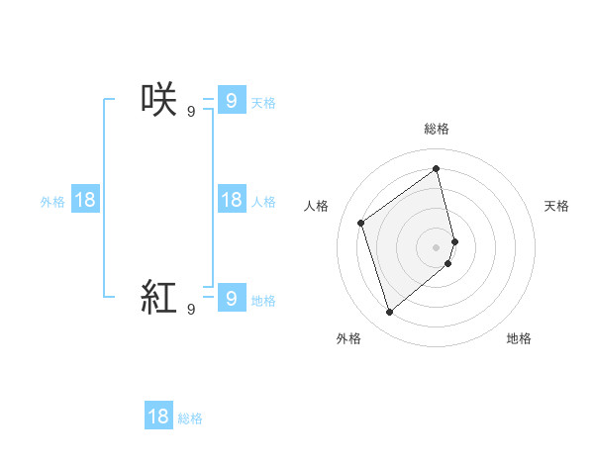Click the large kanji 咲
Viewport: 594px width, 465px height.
[159, 100]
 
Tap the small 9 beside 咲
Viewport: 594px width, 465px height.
[191, 111]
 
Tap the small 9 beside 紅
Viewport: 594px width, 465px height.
[191, 309]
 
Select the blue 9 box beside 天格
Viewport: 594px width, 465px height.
[231, 100]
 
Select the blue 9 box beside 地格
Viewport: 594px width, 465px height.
[231, 297]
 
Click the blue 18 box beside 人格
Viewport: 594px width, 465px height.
[231, 200]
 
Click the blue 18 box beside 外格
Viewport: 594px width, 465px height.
[85, 200]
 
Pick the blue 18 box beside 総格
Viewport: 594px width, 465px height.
[158, 417]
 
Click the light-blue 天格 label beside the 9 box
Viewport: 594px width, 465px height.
[263, 102]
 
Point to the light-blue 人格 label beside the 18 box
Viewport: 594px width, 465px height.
[263, 202]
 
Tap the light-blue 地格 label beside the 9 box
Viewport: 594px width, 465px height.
[263, 301]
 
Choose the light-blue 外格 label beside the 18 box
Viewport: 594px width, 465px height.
[52, 202]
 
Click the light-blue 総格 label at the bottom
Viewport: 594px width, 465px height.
[190, 418]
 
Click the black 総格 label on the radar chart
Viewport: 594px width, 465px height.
[437, 128]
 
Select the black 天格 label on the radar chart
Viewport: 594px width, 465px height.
[557, 206]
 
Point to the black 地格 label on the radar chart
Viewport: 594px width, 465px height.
[519, 338]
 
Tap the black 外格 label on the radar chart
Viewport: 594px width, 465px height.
[348, 338]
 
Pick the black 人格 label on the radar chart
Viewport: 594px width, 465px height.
[317, 206]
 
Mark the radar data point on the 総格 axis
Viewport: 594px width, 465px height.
[437, 168]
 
